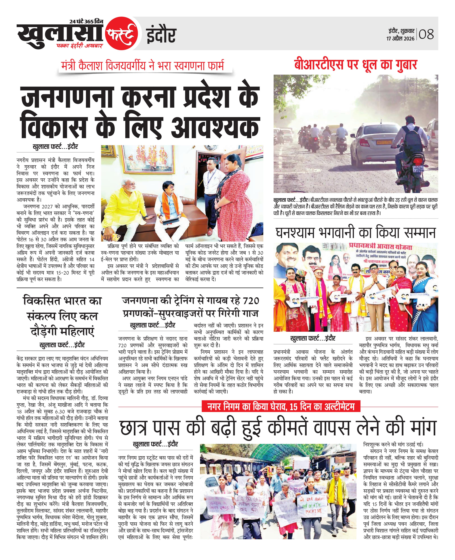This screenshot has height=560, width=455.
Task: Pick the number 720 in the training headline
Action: click(251, 301)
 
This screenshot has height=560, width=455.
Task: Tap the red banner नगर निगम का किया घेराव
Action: click(281, 407)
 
